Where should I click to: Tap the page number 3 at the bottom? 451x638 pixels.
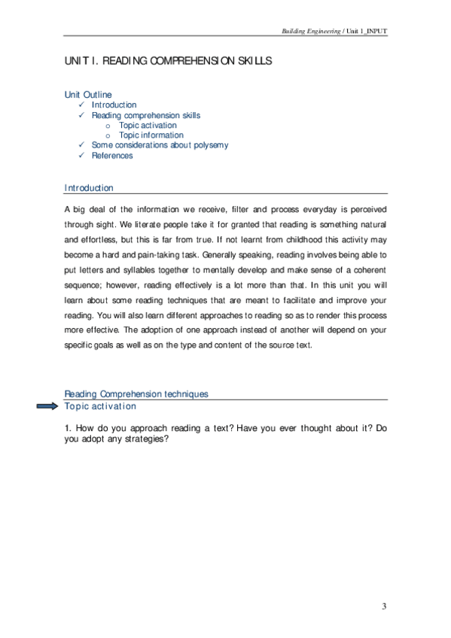click(x=384, y=606)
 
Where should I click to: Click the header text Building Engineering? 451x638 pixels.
click(x=310, y=31)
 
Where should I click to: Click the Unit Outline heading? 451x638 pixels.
click(x=88, y=95)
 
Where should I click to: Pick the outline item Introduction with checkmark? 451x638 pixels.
click(x=114, y=105)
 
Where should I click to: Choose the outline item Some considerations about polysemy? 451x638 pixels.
click(x=160, y=145)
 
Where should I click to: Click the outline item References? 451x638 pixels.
click(x=112, y=156)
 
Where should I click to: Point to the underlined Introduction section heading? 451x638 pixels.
click(x=89, y=188)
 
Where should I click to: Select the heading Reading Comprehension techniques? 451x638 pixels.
click(x=136, y=394)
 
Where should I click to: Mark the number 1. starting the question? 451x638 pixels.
click(x=68, y=429)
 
